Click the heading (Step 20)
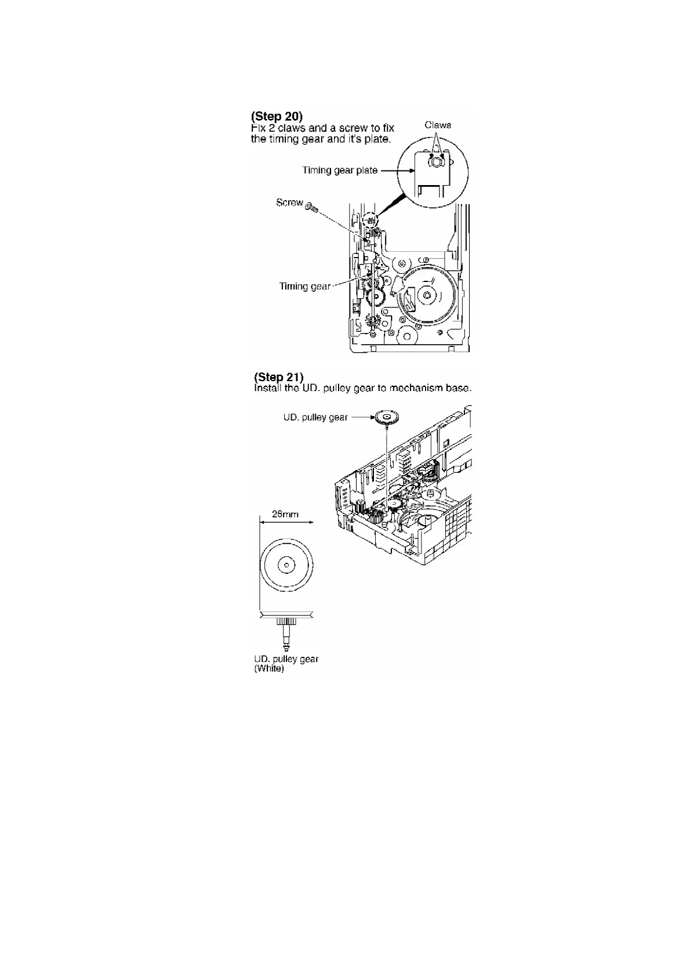[277, 116]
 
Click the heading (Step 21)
[278, 377]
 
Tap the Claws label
[438, 125]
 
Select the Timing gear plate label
[340, 170]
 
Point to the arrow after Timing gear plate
[390, 171]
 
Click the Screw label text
[289, 202]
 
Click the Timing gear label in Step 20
[304, 286]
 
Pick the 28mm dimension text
[285, 514]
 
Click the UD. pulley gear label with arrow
[315, 417]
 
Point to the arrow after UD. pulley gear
[362, 417]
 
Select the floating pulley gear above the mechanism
[387, 417]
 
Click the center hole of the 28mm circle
[286, 565]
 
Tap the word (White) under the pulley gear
[269, 668]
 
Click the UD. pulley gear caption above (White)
[286, 658]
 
